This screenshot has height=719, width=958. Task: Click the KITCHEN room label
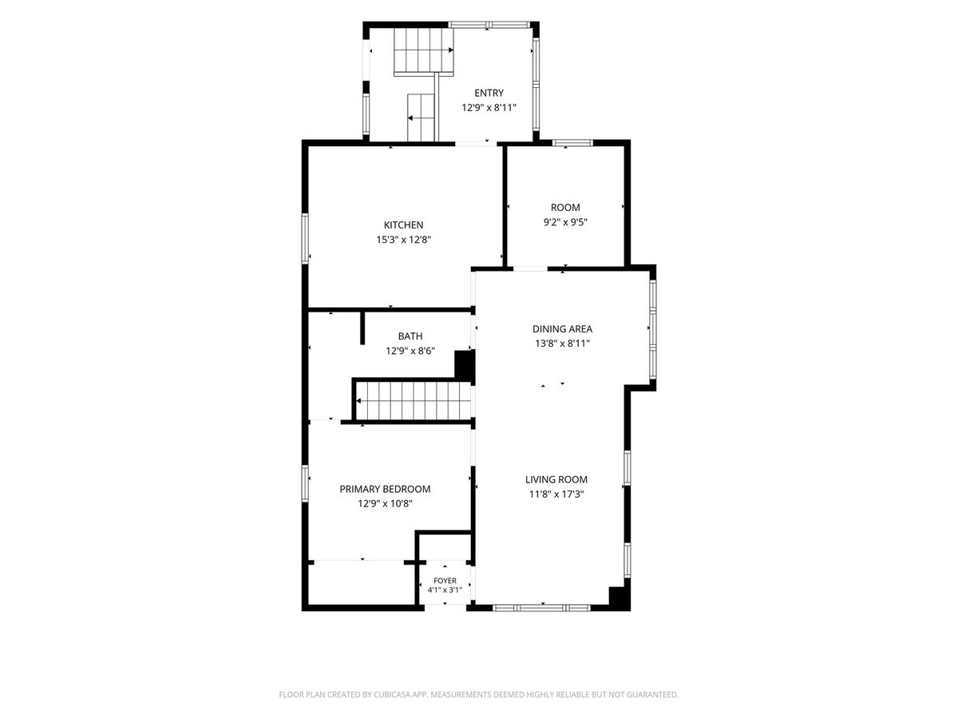click(403, 224)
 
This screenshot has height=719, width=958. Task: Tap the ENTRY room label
click(489, 93)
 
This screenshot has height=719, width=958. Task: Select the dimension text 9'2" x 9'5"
click(564, 222)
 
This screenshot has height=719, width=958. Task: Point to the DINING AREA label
click(562, 328)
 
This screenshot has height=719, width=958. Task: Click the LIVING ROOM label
click(556, 479)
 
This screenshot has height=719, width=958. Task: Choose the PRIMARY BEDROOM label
click(385, 489)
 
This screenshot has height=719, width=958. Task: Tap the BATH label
click(410, 336)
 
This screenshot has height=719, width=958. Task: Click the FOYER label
click(445, 581)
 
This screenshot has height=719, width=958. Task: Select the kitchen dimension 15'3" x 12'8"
click(404, 240)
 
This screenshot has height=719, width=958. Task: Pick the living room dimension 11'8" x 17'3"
click(556, 495)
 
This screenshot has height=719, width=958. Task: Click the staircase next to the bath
click(414, 401)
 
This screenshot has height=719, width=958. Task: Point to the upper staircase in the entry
click(424, 50)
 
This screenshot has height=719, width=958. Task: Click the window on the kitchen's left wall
click(305, 238)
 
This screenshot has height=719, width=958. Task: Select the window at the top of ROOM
click(572, 142)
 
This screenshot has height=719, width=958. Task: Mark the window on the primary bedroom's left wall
click(305, 483)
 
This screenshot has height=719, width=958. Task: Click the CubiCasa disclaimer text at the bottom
click(479, 694)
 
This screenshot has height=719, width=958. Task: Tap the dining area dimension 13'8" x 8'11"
click(562, 344)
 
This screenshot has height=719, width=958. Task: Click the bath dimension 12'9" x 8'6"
click(410, 351)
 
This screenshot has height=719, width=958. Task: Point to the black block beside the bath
click(465, 366)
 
